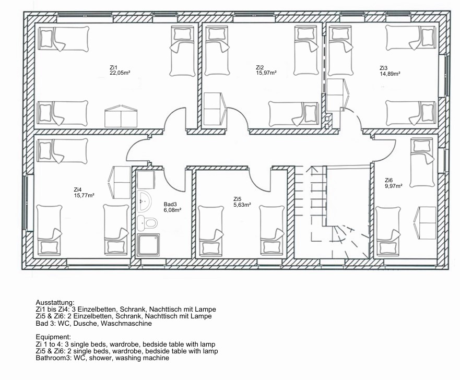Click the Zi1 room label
[x=113, y=68]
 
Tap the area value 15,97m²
[x=266, y=73]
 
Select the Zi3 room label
[x=383, y=68]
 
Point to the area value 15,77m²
[x=84, y=195]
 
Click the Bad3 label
[x=170, y=205]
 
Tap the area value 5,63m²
[x=242, y=205]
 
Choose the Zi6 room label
[x=388, y=180]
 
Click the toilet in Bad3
[x=147, y=223]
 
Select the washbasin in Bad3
[x=144, y=201]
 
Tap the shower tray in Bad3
[x=148, y=245]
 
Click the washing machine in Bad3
[x=146, y=180]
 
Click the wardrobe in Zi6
[x=425, y=219]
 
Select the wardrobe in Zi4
[x=120, y=182]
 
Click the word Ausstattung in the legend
[x=55, y=303]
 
